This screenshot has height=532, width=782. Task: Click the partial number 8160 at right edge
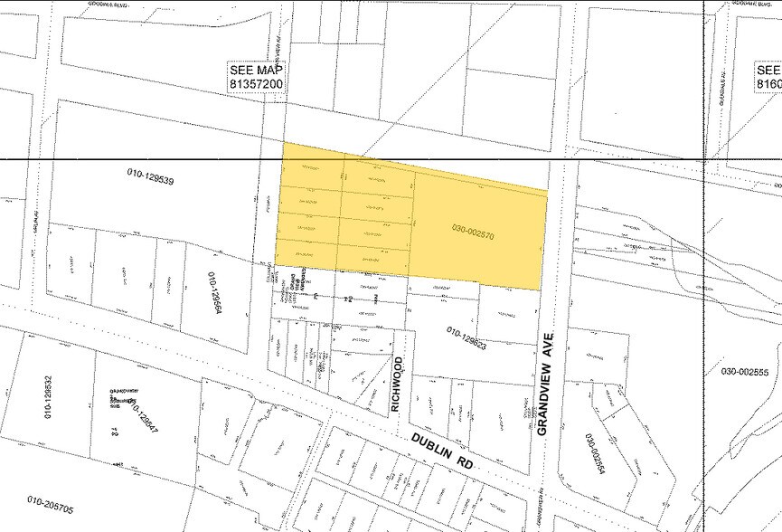pos(769,83)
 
